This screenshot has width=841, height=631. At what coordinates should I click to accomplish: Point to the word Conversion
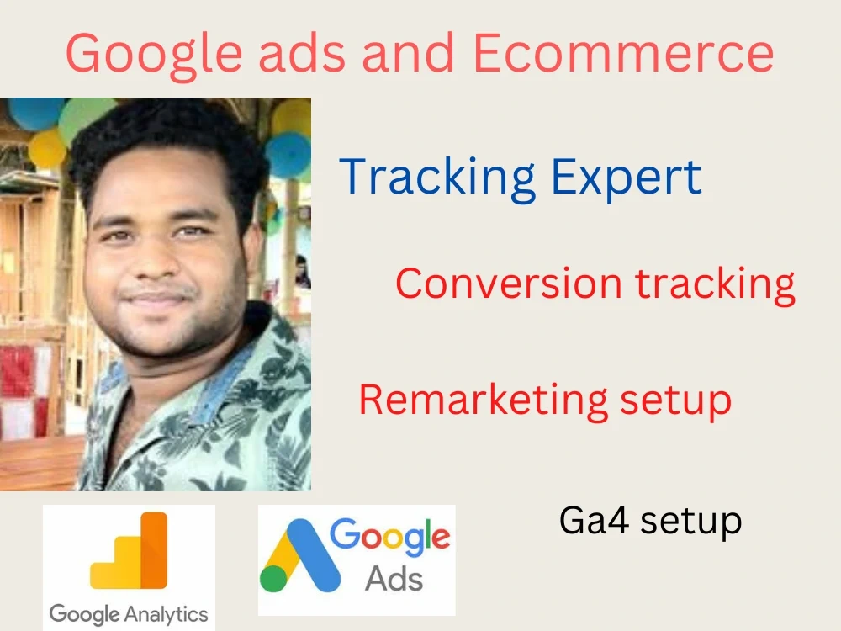509,284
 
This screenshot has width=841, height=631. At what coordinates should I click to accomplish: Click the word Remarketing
483,400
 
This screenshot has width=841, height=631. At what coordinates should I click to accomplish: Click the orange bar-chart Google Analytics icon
129,551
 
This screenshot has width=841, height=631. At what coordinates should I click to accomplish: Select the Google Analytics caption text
129,613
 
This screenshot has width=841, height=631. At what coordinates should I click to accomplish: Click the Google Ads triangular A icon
299,555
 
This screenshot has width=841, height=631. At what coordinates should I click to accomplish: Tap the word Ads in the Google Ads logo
394,579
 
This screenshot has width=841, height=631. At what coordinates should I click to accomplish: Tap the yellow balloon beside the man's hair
46,147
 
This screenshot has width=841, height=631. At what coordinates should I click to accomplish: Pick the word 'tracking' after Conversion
715,284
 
